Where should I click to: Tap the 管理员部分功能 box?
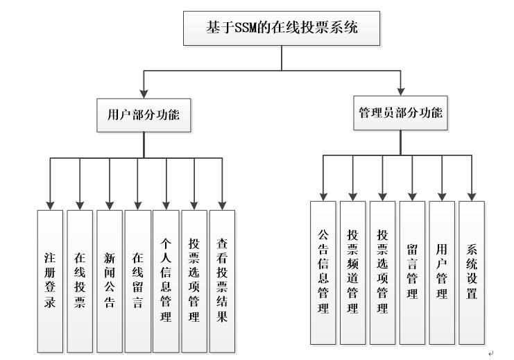coord(400,113)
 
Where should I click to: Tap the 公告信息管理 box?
coord(323,273)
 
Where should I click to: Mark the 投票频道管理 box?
coord(352,273)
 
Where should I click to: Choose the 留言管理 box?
coord(412,273)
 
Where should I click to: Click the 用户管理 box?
coord(442,273)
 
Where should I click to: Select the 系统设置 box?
coord(472,273)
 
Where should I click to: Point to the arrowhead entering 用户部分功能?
coord(144,93)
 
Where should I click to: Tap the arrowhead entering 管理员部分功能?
coord(400,91)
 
